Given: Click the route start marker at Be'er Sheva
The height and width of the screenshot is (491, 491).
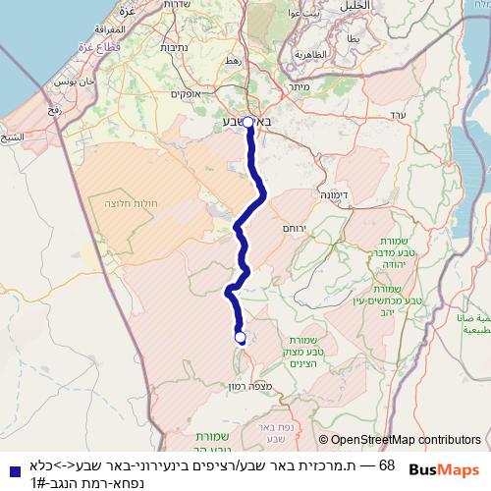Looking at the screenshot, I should (247, 122).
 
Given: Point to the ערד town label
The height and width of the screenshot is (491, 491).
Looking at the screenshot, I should (397, 117).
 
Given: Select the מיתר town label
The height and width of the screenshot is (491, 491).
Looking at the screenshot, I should (300, 85).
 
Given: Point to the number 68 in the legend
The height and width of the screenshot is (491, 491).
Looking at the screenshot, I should (386, 464).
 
